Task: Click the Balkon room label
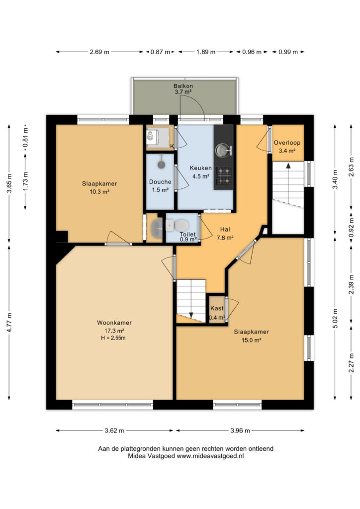[183, 86]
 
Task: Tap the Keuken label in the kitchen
[200, 168]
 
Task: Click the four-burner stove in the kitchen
[223, 175]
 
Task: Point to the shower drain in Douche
[161, 165]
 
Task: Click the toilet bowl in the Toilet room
[181, 224]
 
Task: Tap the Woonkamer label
[114, 323]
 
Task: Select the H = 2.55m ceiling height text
[113, 338]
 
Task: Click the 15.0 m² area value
[251, 340]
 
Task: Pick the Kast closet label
[217, 308]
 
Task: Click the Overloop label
[287, 143]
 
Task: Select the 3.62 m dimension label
[114, 431]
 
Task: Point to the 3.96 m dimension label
[240, 431]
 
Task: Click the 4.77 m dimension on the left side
[9, 322]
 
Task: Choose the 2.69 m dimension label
[99, 52]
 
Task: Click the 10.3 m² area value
[99, 192]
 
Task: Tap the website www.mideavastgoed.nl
[210, 456]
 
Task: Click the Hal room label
[225, 230]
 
